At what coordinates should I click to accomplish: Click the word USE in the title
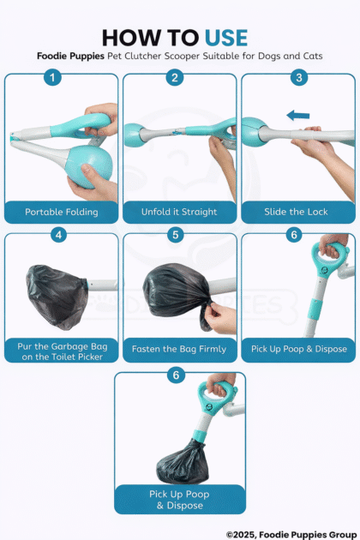(226, 38)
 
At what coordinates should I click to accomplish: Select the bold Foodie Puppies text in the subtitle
(70, 56)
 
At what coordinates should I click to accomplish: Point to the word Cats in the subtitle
(313, 56)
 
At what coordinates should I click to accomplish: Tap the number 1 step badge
(52, 77)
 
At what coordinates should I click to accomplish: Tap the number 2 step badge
(175, 77)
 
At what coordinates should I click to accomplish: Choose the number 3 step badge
(298, 77)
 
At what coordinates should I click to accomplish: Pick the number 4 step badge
(58, 235)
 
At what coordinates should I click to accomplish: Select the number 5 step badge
(176, 235)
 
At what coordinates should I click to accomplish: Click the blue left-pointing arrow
(298, 116)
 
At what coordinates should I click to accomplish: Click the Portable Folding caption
(62, 212)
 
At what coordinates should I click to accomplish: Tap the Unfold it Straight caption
(179, 212)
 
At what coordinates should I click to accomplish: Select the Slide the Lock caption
(296, 212)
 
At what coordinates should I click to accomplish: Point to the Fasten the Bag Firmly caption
(179, 349)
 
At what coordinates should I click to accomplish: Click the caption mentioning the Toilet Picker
(62, 351)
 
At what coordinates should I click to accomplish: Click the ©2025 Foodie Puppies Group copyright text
(291, 535)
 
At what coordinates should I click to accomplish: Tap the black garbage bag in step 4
(57, 297)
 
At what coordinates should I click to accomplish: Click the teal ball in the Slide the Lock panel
(255, 131)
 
